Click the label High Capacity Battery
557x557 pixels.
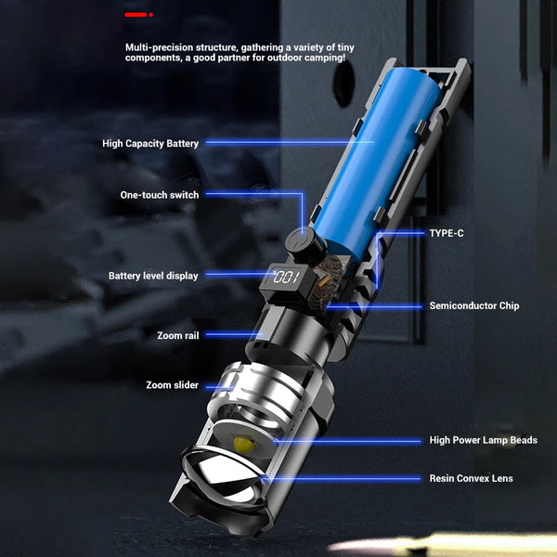pyautogui.click(x=150, y=144)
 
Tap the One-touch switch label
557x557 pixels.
pyautogui.click(x=160, y=195)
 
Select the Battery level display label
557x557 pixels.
pyautogui.click(x=153, y=276)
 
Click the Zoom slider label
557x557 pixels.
pyautogui.click(x=172, y=385)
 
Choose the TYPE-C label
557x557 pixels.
pyautogui.click(x=447, y=234)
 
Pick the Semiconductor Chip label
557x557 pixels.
pyautogui.click(x=474, y=305)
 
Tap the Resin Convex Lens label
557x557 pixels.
pyautogui.click(x=471, y=478)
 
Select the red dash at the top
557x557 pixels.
pyautogui.click(x=137, y=15)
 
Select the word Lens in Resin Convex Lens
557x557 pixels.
pyautogui.click(x=500, y=478)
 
